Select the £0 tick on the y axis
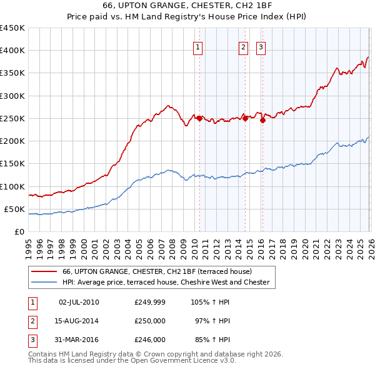[19, 232]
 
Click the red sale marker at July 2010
[199, 118]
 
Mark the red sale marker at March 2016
[262, 121]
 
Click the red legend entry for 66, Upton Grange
[156, 271]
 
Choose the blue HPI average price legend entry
[166, 283]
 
